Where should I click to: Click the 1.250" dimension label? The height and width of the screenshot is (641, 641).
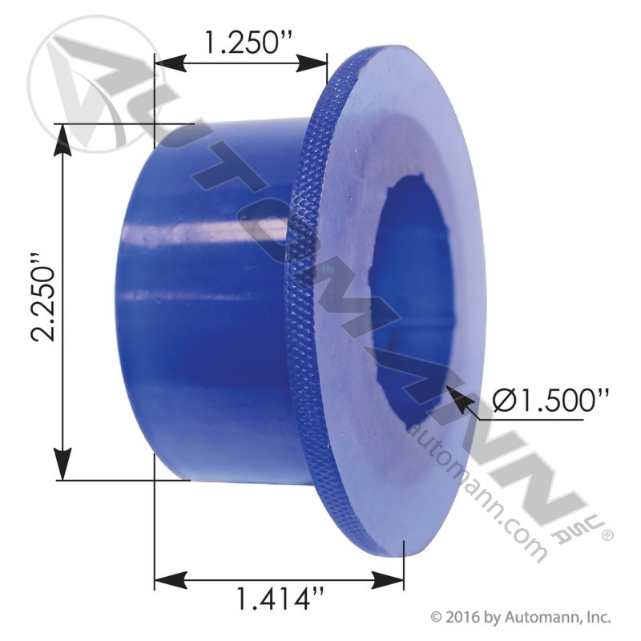pos(240,41)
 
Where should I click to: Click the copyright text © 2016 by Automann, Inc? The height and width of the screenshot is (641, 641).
pos(521,617)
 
